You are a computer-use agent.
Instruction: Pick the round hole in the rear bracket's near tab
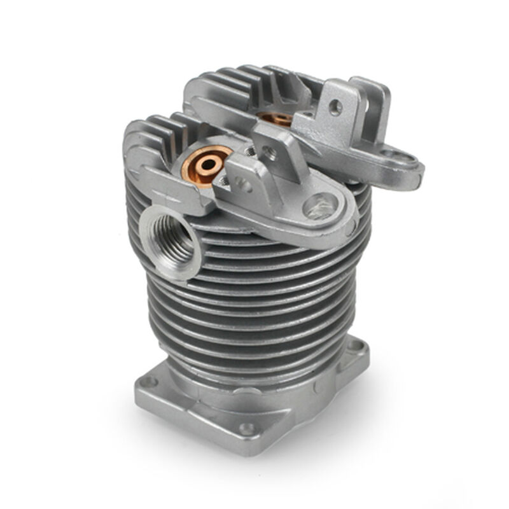click(336, 108)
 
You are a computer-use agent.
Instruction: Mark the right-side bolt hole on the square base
click(358, 347)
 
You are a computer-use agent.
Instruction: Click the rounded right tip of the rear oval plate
click(417, 169)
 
